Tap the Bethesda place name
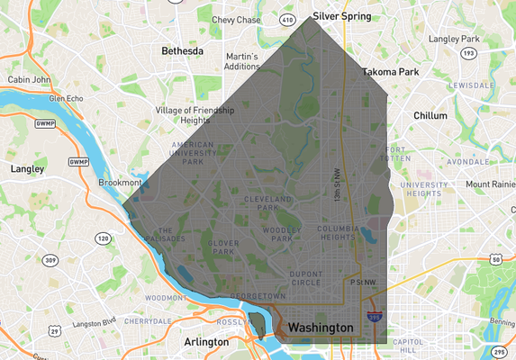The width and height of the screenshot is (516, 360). pyautogui.click(x=182, y=51)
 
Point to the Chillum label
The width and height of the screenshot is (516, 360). pyautogui.click(x=430, y=115)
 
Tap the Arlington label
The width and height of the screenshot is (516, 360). pyautogui.click(x=206, y=342)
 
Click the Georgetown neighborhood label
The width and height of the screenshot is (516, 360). pyautogui.click(x=258, y=295)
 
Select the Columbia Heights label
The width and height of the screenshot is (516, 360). pyautogui.click(x=339, y=233)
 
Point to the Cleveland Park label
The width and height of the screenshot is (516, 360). pyautogui.click(x=267, y=202)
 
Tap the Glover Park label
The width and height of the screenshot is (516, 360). pyautogui.click(x=222, y=246)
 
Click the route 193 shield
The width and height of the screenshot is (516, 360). pyautogui.click(x=467, y=53)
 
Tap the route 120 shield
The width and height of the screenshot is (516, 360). pyautogui.click(x=104, y=238)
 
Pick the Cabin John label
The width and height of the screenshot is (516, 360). pyautogui.click(x=29, y=79)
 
